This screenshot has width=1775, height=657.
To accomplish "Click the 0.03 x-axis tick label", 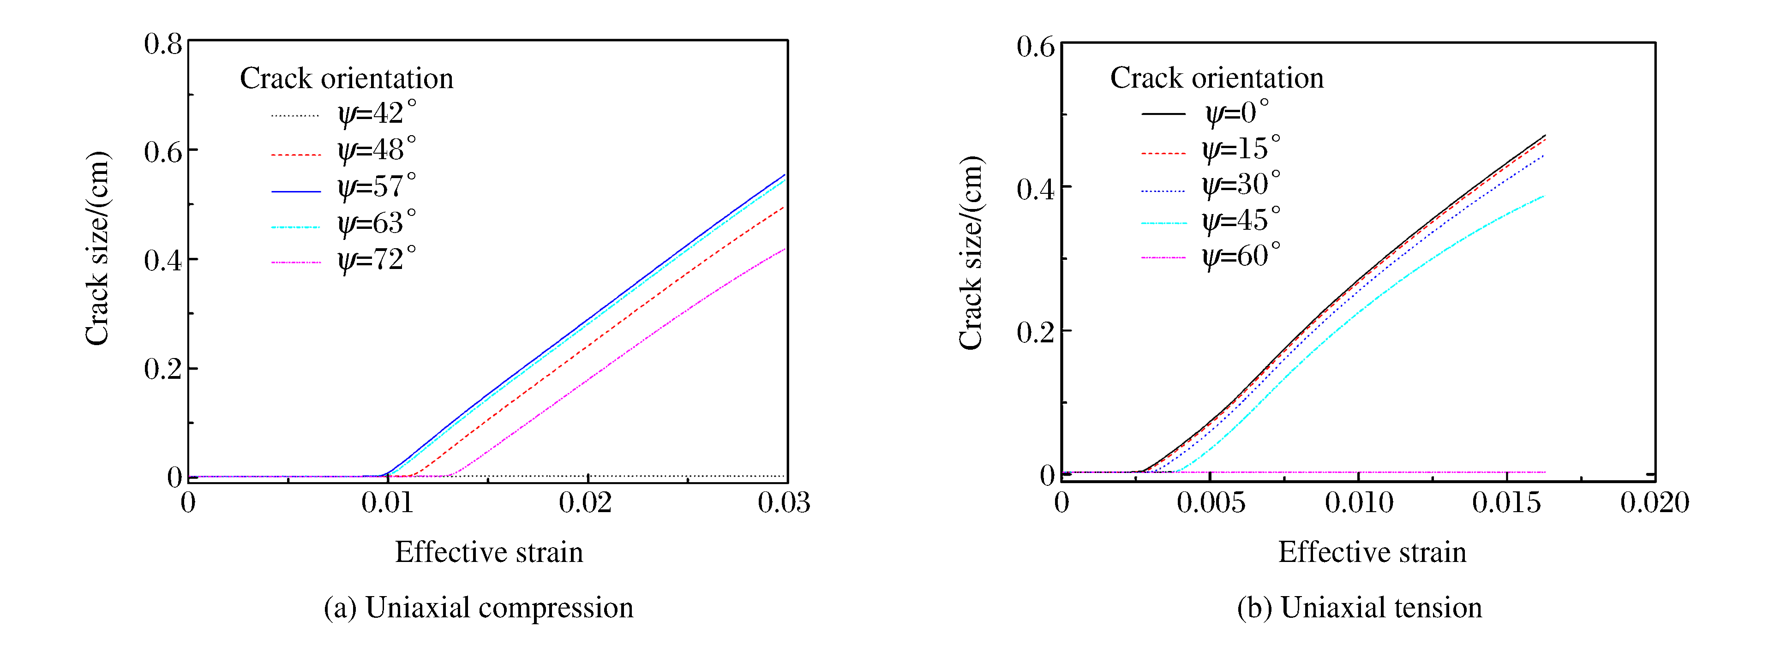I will point(784,503).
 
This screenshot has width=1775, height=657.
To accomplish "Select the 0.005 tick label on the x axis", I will point(1211,503).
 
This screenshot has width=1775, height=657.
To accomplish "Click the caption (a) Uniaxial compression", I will point(478,608).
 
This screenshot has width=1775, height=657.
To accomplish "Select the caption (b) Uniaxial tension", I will point(1359,608).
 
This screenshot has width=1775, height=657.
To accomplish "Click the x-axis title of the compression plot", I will point(489,552).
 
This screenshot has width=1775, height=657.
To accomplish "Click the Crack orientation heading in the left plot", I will point(347,78).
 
